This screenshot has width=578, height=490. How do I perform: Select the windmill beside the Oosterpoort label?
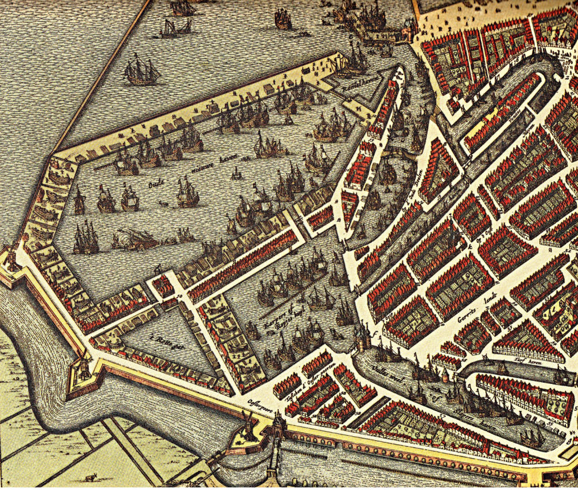pos(247,427)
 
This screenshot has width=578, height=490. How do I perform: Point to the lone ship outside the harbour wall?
pos(141,72)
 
